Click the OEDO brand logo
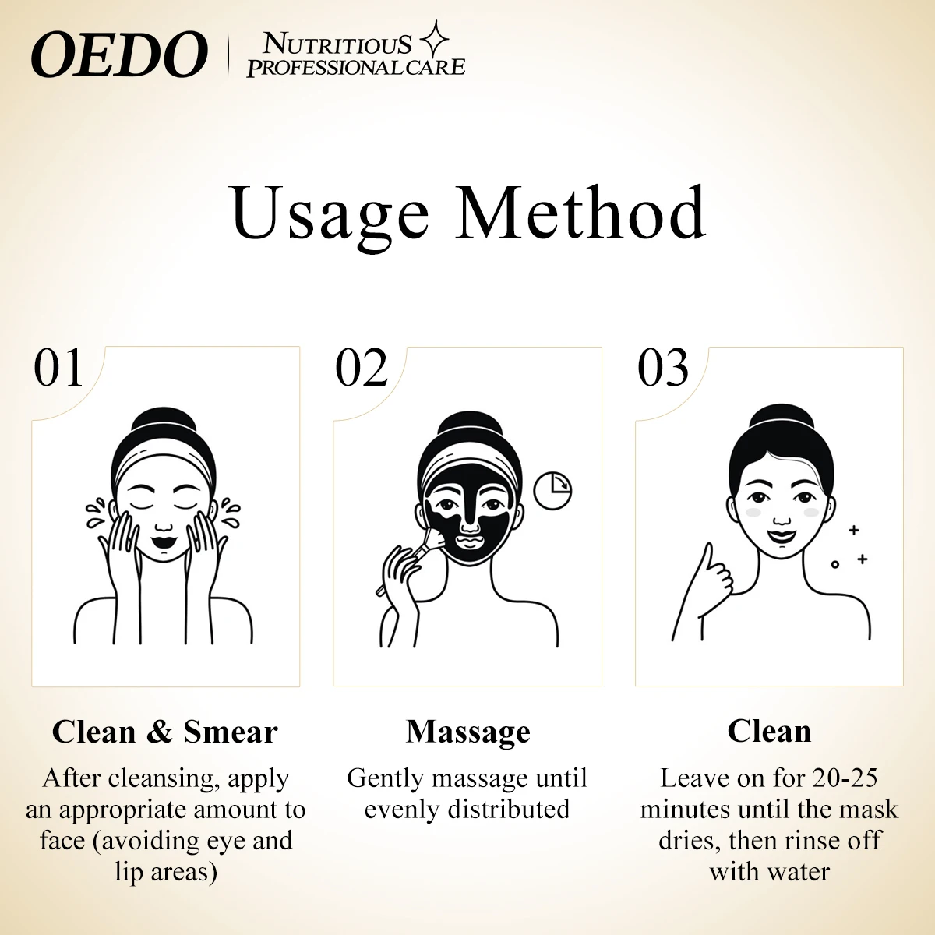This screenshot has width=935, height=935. pos(119,55)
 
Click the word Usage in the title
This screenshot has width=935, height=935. pos(330,212)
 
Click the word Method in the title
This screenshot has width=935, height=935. pos(580,212)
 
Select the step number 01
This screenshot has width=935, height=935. pos(58,369)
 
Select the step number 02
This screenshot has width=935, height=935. pos(361,369)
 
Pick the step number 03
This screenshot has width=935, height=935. pos(663,369)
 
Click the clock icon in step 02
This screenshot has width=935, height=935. pos(552,489)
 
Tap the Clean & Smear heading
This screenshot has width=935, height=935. pos(164,732)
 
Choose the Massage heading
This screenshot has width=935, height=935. pos(467,732)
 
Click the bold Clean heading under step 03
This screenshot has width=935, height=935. pos(769,732)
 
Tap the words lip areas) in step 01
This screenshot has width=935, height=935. pos(166,871)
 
